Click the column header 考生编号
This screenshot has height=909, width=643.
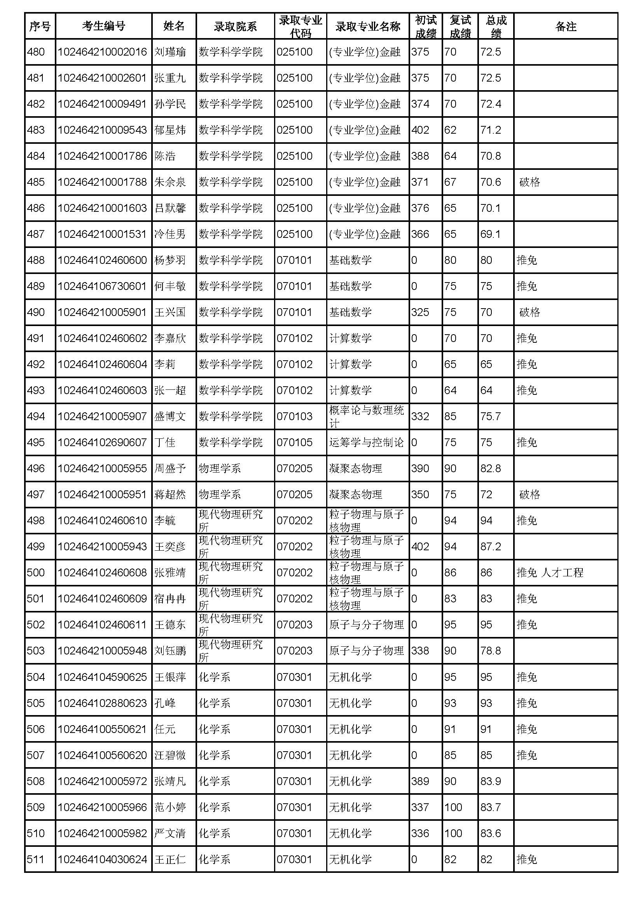click(103, 26)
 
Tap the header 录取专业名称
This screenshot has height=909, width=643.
click(367, 26)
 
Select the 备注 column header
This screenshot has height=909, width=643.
click(565, 26)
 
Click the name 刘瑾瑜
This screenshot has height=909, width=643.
click(170, 52)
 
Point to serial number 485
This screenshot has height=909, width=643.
click(36, 182)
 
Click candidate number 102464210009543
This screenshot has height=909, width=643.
click(102, 130)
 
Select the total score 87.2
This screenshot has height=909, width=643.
click(491, 546)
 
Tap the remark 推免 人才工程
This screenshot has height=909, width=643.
click(550, 572)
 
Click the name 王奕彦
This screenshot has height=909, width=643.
click(170, 546)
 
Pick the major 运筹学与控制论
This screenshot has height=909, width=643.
click(366, 442)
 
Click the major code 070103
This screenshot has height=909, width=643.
click(295, 416)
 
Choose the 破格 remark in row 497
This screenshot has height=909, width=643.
click(529, 494)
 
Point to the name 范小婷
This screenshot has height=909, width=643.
click(170, 807)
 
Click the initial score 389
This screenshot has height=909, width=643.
click(420, 781)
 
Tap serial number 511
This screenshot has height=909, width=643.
click(36, 860)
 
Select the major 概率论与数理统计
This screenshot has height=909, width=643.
click(366, 416)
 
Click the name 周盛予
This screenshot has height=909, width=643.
click(170, 468)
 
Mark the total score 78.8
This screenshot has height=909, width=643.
click(491, 651)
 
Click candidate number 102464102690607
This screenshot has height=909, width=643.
click(102, 442)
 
